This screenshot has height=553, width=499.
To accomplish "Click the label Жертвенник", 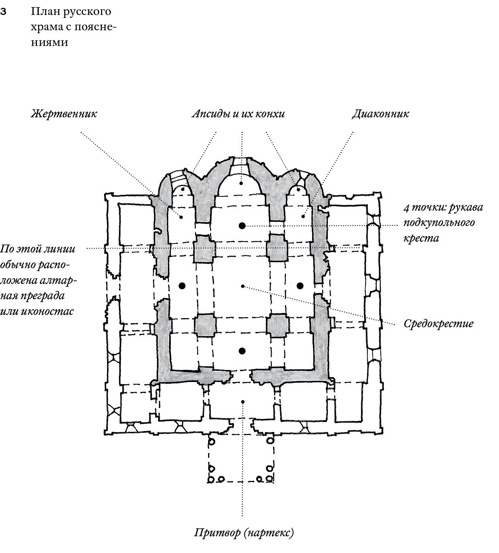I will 64,114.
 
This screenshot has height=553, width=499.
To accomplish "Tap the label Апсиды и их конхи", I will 238,114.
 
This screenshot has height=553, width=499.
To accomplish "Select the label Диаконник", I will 380,114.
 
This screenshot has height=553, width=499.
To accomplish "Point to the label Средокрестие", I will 438,323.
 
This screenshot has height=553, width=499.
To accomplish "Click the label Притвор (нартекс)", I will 244,532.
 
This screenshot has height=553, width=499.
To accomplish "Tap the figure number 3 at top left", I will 3,12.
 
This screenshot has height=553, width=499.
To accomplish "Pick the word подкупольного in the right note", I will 439,223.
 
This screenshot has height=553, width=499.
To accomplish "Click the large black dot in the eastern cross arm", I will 242,226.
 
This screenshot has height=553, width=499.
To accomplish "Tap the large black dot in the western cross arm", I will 242,351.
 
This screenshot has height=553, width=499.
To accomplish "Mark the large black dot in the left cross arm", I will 182,286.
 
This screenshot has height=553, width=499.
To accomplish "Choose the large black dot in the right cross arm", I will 300,286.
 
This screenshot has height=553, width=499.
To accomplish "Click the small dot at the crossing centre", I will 243,286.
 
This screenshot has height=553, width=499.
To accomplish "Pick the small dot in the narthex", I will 243,402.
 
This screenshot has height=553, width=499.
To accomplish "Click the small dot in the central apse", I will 241,183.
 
